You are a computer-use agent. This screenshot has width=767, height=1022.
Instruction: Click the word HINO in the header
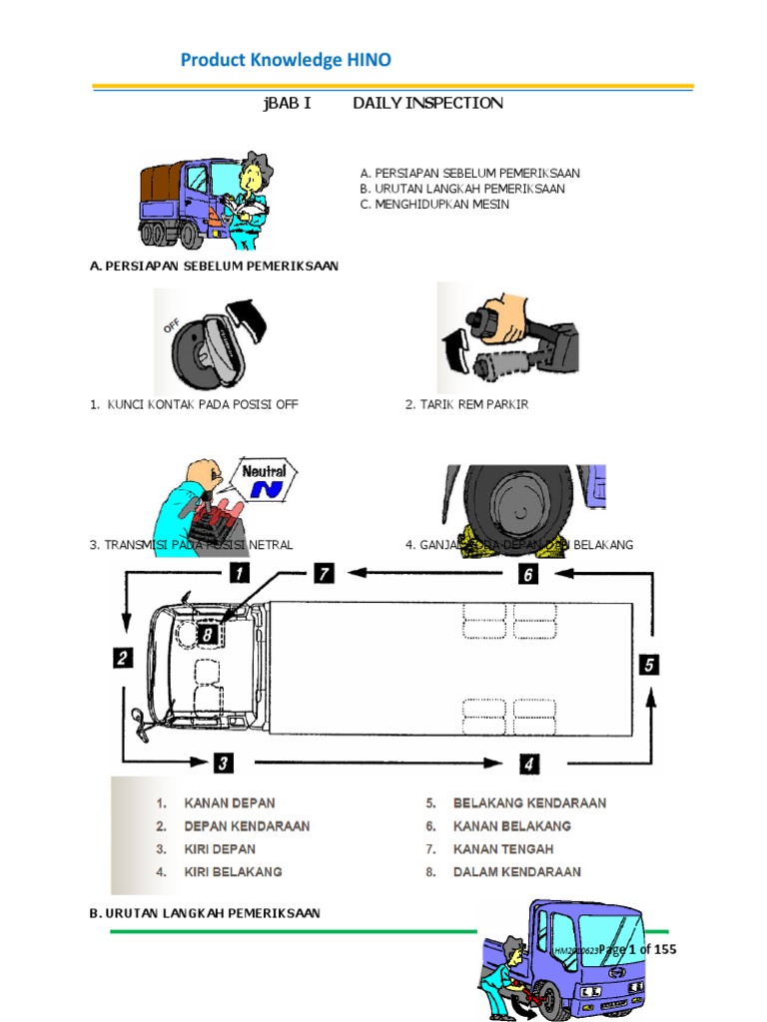click(369, 60)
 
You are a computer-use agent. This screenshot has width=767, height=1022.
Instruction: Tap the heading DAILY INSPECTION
click(427, 103)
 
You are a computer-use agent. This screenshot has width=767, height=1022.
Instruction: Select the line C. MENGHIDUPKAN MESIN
click(434, 204)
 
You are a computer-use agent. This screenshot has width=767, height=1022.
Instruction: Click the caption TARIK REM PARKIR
click(466, 404)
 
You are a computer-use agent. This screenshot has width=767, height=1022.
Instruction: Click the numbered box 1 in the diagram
click(239, 573)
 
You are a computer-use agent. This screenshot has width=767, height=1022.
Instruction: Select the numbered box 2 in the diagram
click(122, 658)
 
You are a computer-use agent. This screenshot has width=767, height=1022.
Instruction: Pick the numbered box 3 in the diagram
click(223, 764)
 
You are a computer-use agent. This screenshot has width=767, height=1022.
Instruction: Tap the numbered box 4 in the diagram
click(529, 765)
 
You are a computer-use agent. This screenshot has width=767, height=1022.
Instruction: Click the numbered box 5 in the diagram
click(649, 665)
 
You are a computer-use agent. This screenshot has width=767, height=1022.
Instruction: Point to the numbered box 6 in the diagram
click(529, 574)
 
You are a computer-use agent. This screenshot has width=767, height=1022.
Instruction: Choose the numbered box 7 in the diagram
click(324, 574)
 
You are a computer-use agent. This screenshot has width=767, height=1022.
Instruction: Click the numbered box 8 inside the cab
click(208, 633)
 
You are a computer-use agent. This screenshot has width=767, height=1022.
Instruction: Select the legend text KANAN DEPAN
click(230, 802)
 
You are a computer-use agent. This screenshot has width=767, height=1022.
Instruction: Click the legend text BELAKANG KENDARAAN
click(529, 802)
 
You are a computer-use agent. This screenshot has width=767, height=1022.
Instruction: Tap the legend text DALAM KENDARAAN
click(516, 871)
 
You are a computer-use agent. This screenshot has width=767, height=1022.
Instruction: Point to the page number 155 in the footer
click(663, 949)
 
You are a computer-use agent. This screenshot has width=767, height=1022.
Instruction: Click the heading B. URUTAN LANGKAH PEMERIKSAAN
click(205, 913)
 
